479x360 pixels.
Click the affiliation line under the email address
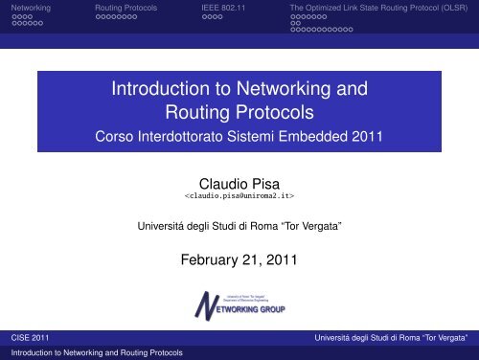[239, 226]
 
